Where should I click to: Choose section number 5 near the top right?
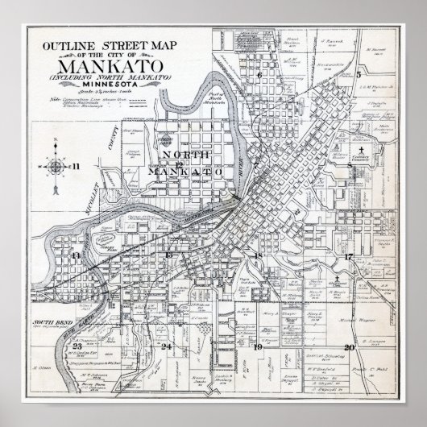tap(357, 73)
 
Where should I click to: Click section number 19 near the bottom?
tap(258, 347)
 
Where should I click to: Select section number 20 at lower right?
tap(349, 347)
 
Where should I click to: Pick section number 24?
tap(167, 347)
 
